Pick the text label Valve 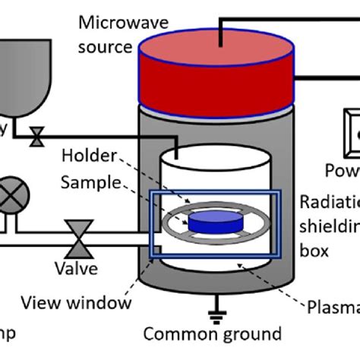[75, 269]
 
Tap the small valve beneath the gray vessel [36, 137]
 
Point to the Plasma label [333, 306]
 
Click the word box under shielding [314, 249]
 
